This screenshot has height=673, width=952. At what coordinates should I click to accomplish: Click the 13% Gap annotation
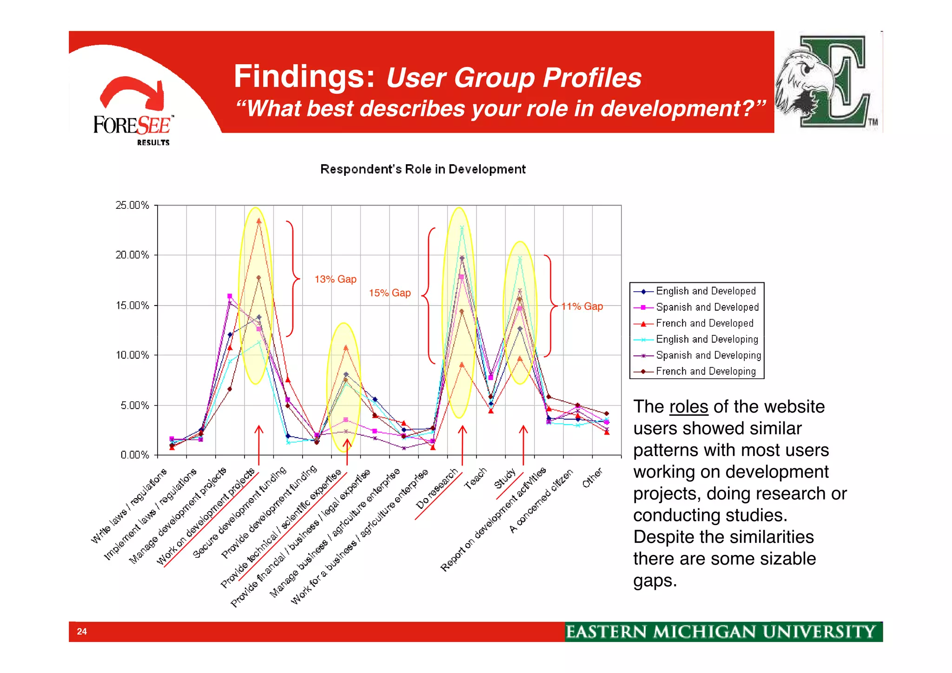click(x=335, y=279)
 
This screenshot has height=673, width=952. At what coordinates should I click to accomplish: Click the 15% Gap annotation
click(x=390, y=293)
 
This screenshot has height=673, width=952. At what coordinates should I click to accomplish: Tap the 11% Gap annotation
click(x=582, y=307)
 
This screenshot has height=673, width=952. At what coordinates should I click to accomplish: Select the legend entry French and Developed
click(x=704, y=323)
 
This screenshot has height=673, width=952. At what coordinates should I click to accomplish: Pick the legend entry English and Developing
click(x=707, y=340)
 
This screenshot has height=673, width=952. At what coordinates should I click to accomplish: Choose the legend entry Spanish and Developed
click(x=707, y=307)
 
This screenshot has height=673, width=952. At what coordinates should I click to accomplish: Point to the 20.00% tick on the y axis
click(x=132, y=255)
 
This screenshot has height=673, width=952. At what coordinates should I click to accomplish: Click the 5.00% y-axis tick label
click(x=135, y=406)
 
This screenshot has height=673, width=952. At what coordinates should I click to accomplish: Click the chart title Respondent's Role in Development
click(x=423, y=169)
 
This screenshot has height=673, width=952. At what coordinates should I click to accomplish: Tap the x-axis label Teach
click(x=476, y=479)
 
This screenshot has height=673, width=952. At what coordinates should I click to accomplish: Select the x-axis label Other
click(x=593, y=478)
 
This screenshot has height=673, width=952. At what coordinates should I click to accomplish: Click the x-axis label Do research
click(x=437, y=489)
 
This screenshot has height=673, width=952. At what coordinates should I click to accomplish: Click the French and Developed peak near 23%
click(x=259, y=221)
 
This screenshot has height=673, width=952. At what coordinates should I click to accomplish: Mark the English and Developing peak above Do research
click(x=462, y=228)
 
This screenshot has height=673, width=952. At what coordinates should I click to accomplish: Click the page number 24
click(x=82, y=632)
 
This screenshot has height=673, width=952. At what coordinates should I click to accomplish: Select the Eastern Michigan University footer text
click(x=720, y=632)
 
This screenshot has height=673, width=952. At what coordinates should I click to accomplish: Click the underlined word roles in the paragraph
click(x=688, y=407)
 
